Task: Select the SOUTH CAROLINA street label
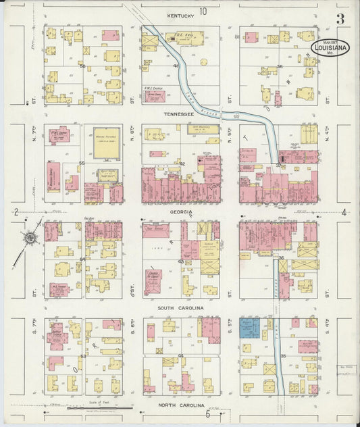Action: pyautogui.click(x=180, y=308)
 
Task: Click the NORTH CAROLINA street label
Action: pyautogui.click(x=180, y=405)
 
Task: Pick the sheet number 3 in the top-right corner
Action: pyautogui.click(x=340, y=19)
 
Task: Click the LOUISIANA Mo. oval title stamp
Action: pyautogui.click(x=331, y=48)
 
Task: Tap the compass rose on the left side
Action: pyautogui.click(x=29, y=237)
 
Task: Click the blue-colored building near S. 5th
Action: pyautogui.click(x=249, y=328)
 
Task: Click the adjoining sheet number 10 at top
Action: pyautogui.click(x=203, y=11)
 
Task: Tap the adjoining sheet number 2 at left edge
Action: pyautogui.click(x=15, y=212)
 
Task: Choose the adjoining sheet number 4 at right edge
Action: pyautogui.click(x=344, y=213)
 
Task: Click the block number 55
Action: pyautogui.click(x=82, y=164)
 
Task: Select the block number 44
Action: pyautogui.click(x=180, y=355)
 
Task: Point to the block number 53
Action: pyautogui.click(x=83, y=355)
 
